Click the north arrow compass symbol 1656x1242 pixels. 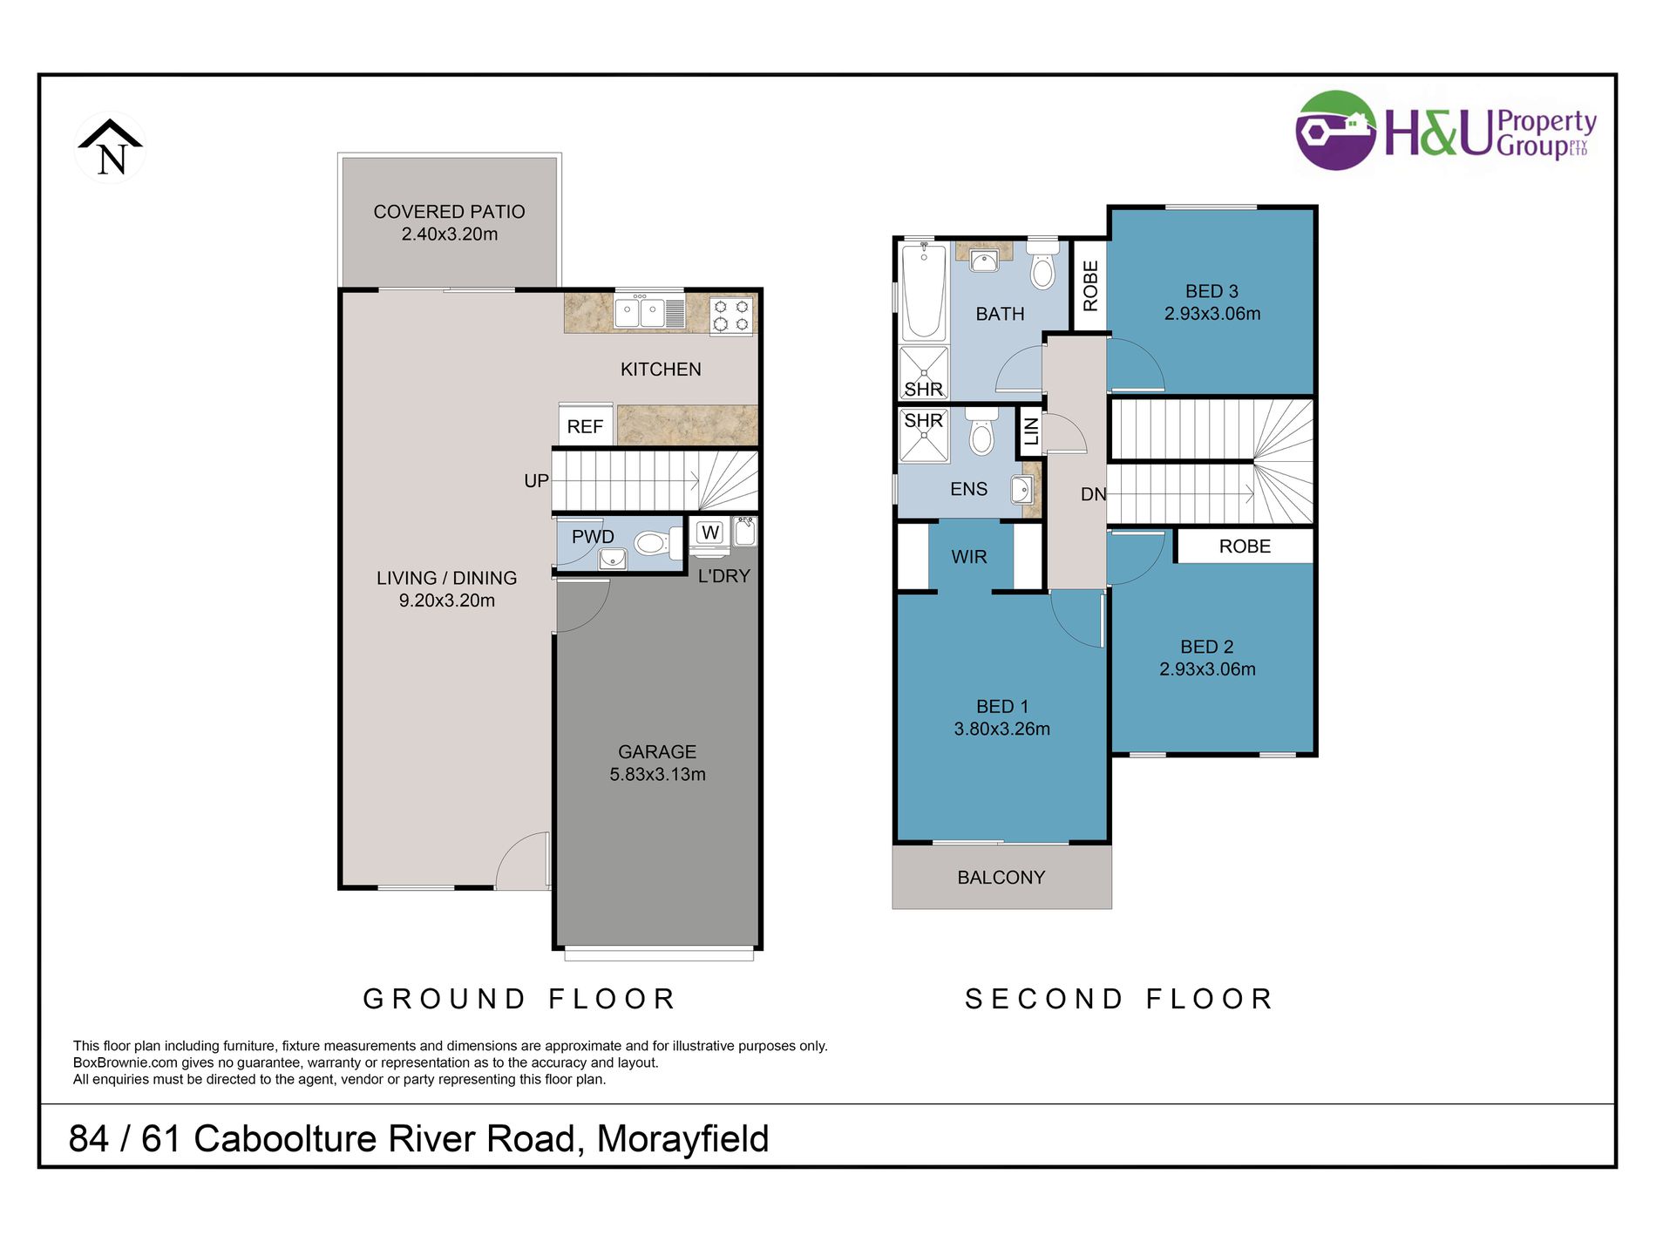(x=111, y=147)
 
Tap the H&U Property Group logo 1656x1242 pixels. (x=1447, y=132)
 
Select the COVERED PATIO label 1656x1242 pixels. (x=449, y=212)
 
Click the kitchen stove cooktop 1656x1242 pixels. (x=731, y=316)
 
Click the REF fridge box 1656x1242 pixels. (x=585, y=424)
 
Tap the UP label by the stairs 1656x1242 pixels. (x=536, y=481)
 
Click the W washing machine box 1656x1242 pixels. (x=710, y=533)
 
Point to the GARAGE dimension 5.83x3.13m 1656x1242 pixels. (x=657, y=774)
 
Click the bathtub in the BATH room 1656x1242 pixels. (x=924, y=292)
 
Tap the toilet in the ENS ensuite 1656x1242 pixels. (x=981, y=430)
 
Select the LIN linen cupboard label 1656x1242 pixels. (x=1031, y=431)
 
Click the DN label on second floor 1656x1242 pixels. (x=1094, y=494)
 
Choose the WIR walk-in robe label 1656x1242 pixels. (x=969, y=557)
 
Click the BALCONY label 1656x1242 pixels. (x=1001, y=878)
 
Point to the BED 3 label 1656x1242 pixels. (x=1211, y=291)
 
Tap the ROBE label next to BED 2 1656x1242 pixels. (x=1245, y=546)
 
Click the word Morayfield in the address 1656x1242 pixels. (x=682, y=1139)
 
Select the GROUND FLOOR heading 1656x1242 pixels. (x=519, y=999)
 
